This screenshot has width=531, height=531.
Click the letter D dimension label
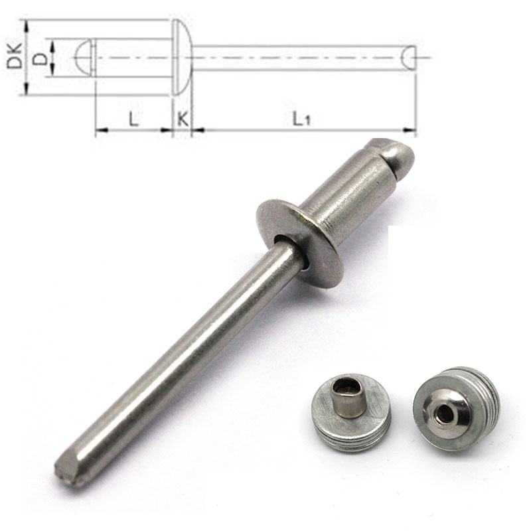pos(40,58)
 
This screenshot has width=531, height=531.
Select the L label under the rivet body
pos(133,119)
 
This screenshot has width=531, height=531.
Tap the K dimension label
pos(182,119)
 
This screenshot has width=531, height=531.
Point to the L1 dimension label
pos(301,119)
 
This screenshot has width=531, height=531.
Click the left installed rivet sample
pos(351,412)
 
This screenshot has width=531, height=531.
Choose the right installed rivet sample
pos(456,408)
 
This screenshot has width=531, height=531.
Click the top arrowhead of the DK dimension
pos(25,24)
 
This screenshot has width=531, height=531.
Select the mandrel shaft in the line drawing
pos(299,58)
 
